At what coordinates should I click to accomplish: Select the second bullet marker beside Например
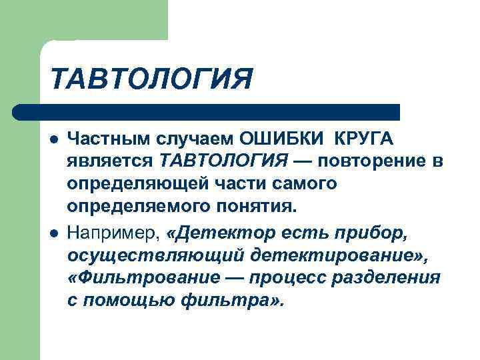pyautogui.click(x=53, y=231)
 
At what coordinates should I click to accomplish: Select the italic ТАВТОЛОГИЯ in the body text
pyautogui.click(x=223, y=161)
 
